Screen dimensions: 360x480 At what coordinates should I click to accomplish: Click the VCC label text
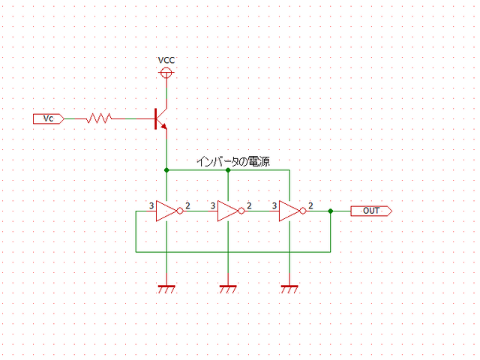pyautogui.click(x=166, y=60)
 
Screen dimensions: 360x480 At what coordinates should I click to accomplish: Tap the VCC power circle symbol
pyautogui.click(x=166, y=73)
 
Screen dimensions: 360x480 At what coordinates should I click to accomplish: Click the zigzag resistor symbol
pyautogui.click(x=99, y=118)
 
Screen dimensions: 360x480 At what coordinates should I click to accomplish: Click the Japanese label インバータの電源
pyautogui.click(x=232, y=161)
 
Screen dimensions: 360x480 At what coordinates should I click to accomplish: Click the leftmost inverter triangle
pyautogui.click(x=166, y=211)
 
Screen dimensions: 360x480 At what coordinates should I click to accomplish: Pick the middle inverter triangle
pyautogui.click(x=227, y=211)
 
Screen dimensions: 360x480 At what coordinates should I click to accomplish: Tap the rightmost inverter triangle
pyautogui.click(x=289, y=211)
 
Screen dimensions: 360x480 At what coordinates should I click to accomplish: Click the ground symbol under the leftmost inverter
pyautogui.click(x=166, y=288)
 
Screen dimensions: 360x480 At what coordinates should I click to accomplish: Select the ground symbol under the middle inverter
pyautogui.click(x=227, y=288)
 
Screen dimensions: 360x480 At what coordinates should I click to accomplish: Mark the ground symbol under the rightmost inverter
pyautogui.click(x=289, y=288)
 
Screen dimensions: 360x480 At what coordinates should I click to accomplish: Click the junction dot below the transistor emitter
pyautogui.click(x=166, y=170)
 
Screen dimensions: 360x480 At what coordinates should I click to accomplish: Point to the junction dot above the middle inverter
pyautogui.click(x=227, y=170)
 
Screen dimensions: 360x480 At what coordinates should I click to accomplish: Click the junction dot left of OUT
pyautogui.click(x=330, y=211)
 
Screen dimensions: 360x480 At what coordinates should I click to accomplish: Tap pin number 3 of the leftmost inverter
pyautogui.click(x=151, y=205)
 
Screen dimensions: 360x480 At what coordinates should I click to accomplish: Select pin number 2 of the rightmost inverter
pyautogui.click(x=310, y=205)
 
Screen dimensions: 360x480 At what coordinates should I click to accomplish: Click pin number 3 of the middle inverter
pyautogui.click(x=213, y=205)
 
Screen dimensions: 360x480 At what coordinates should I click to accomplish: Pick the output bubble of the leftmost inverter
pyautogui.click(x=179, y=211)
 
